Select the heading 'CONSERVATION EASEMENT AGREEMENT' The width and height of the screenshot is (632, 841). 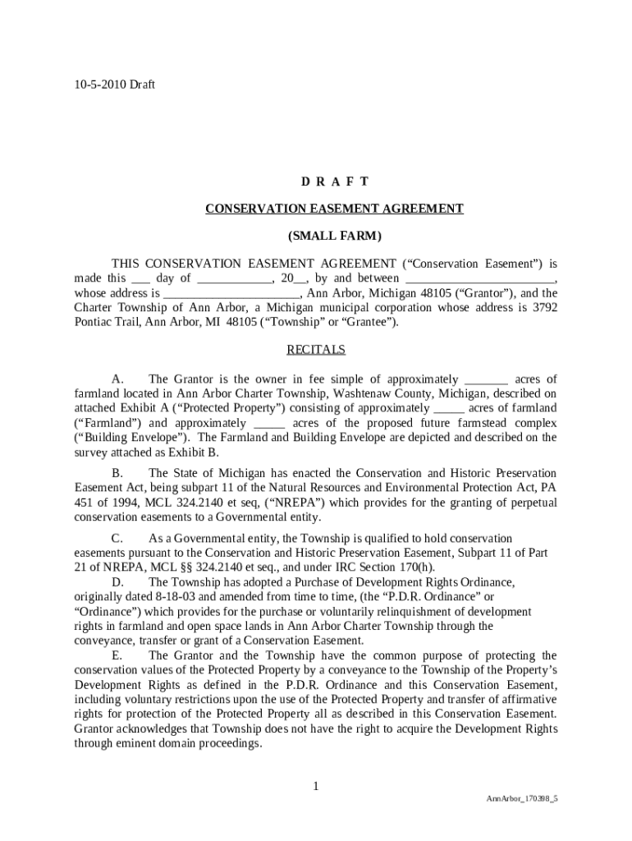tap(334, 209)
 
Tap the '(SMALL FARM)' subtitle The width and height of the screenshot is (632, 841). tap(334, 237)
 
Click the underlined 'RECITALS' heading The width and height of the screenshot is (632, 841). tap(316, 350)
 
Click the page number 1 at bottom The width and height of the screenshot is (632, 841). tap(315, 787)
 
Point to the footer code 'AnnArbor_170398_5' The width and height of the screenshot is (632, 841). tap(522, 798)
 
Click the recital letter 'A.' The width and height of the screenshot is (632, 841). tap(117, 379)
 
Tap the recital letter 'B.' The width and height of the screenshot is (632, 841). tap(117, 474)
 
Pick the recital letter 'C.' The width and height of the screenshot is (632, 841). tap(117, 539)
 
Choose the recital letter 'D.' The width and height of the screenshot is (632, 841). tap(117, 582)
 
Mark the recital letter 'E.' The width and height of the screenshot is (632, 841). tap(117, 656)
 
